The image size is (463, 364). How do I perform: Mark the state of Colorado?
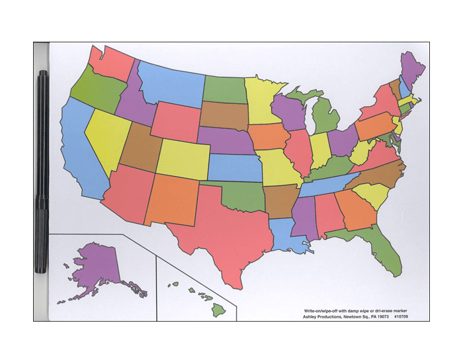182,159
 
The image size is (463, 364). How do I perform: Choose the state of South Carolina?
371,196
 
